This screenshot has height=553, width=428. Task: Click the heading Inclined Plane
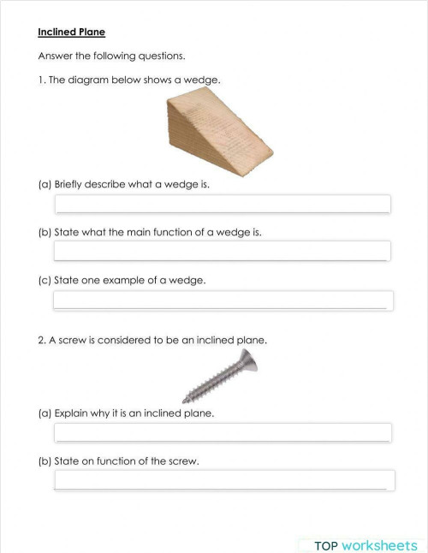(x=71, y=33)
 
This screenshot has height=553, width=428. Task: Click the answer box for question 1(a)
(x=223, y=204)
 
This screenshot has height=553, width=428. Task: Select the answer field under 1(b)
(x=223, y=251)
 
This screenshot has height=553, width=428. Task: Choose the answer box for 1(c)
(x=223, y=300)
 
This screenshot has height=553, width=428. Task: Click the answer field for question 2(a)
(x=223, y=432)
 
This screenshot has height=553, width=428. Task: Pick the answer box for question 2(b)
(x=223, y=480)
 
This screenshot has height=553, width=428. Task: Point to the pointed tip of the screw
(x=186, y=400)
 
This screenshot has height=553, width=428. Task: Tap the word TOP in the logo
(x=326, y=545)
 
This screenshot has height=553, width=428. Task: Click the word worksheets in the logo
(x=379, y=545)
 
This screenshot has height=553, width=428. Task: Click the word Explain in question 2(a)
(x=71, y=413)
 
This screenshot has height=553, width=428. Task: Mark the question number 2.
(x=41, y=340)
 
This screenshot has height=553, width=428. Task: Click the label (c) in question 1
(x=45, y=280)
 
